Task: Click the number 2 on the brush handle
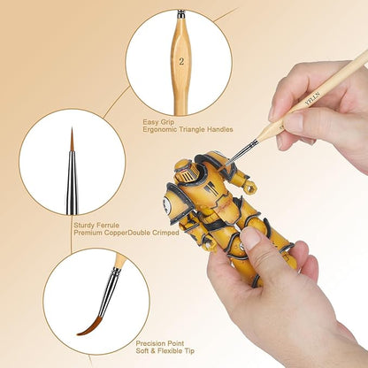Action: (181, 62)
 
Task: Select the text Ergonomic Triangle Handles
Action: (188, 129)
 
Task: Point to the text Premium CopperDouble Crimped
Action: (126, 233)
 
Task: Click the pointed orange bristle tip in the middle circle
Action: (73, 141)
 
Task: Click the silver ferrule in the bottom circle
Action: (108, 283)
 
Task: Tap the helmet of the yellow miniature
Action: (188, 170)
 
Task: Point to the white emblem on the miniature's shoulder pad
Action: (167, 204)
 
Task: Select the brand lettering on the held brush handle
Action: (308, 99)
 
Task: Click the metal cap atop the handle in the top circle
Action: (180, 14)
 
